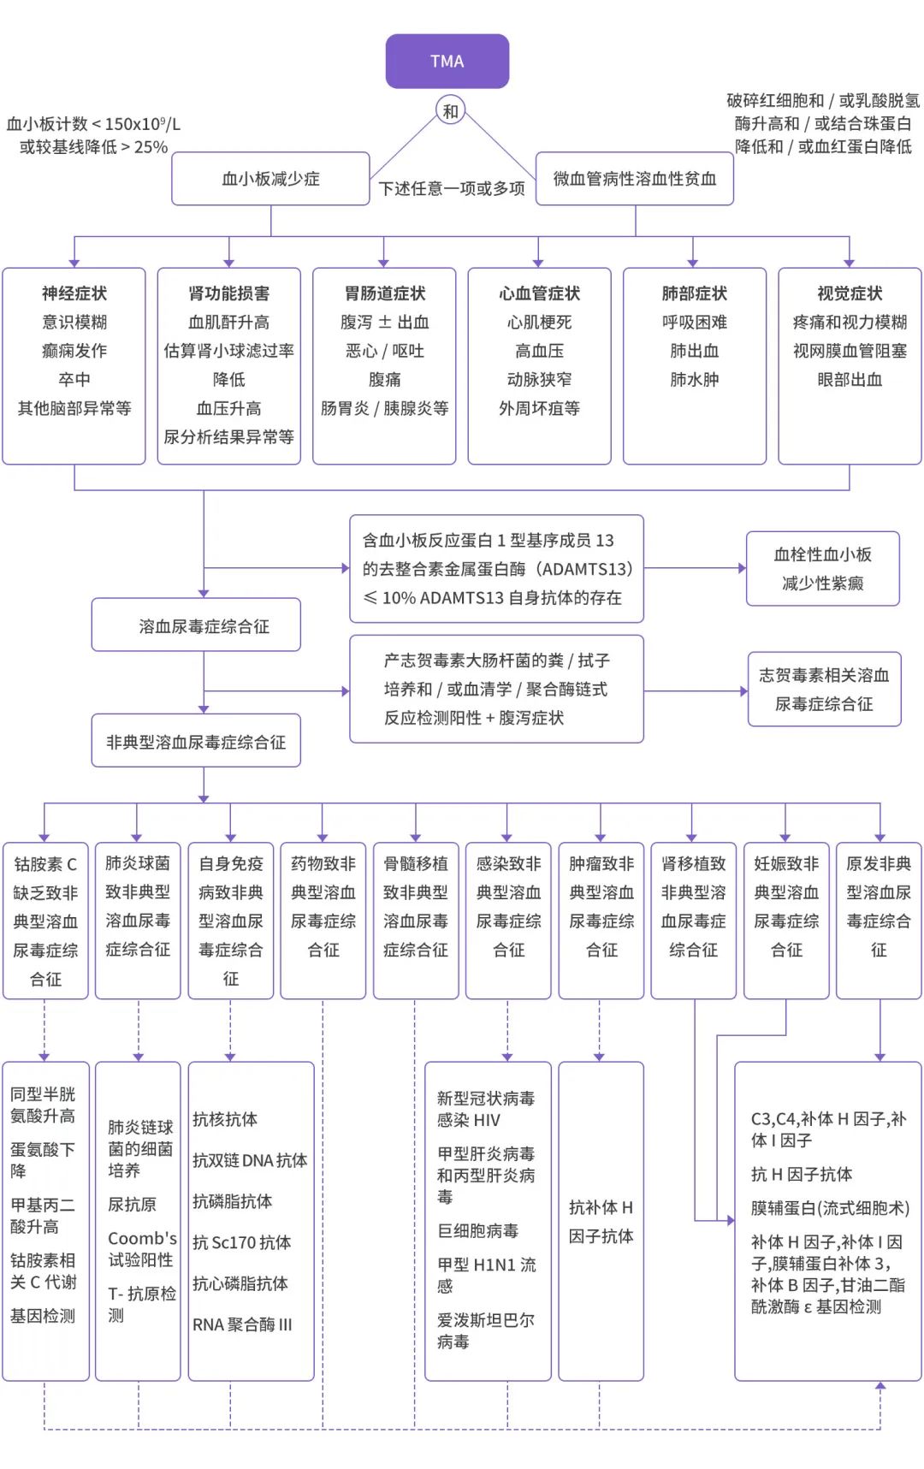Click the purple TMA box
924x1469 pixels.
pos(447,62)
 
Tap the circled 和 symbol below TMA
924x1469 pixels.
pos(450,111)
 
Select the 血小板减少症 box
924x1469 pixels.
pos(270,179)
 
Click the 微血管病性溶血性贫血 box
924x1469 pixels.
pos(635,179)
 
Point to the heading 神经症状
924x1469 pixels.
pos(74,293)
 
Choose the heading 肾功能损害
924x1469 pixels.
pos(229,293)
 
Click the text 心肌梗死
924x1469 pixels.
pos(539,323)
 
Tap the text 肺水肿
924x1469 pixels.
pos(695,379)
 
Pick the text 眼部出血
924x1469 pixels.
pos(850,379)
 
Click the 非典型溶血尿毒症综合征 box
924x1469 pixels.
pos(196,741)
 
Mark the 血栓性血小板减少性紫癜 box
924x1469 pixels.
pos(823,569)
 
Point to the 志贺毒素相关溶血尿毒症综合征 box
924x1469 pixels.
pos(825,690)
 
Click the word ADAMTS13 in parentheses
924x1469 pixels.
pos(587,569)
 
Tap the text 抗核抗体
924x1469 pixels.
pos(225,1119)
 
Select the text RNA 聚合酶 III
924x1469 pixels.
pos(242,1324)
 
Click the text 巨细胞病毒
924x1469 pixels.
pos(477,1230)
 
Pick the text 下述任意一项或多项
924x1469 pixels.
pos(452,188)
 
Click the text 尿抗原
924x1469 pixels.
pos(132,1204)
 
